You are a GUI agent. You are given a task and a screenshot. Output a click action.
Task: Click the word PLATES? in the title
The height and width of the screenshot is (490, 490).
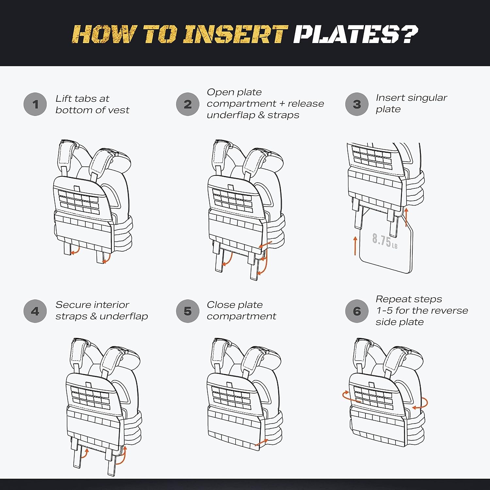pos(356,34)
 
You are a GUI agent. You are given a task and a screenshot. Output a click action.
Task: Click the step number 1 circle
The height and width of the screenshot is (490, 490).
pos(35,104)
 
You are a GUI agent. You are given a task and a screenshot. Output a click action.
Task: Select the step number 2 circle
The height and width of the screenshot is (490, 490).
pos(188,104)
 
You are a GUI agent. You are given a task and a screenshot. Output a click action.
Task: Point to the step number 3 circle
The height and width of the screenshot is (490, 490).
pos(357,104)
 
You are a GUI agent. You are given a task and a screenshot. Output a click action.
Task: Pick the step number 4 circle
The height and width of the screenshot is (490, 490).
pos(35,311)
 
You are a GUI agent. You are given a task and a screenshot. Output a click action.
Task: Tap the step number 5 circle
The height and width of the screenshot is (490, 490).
pos(188,311)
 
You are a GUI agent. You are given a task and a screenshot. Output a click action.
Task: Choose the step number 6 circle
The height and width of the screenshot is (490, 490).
pos(357,311)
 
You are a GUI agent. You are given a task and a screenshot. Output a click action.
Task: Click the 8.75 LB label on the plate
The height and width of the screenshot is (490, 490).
pos(385,241)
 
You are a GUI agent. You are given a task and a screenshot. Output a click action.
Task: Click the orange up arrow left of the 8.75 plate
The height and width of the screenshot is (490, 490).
pos(355,246)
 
